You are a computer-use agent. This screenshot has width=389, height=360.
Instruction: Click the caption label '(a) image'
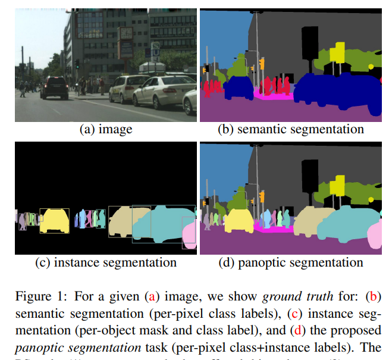106,129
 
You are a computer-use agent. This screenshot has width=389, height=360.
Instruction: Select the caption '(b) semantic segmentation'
290,129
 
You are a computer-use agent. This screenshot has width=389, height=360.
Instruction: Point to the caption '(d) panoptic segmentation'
290,262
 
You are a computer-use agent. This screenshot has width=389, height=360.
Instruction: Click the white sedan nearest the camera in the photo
161,92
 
